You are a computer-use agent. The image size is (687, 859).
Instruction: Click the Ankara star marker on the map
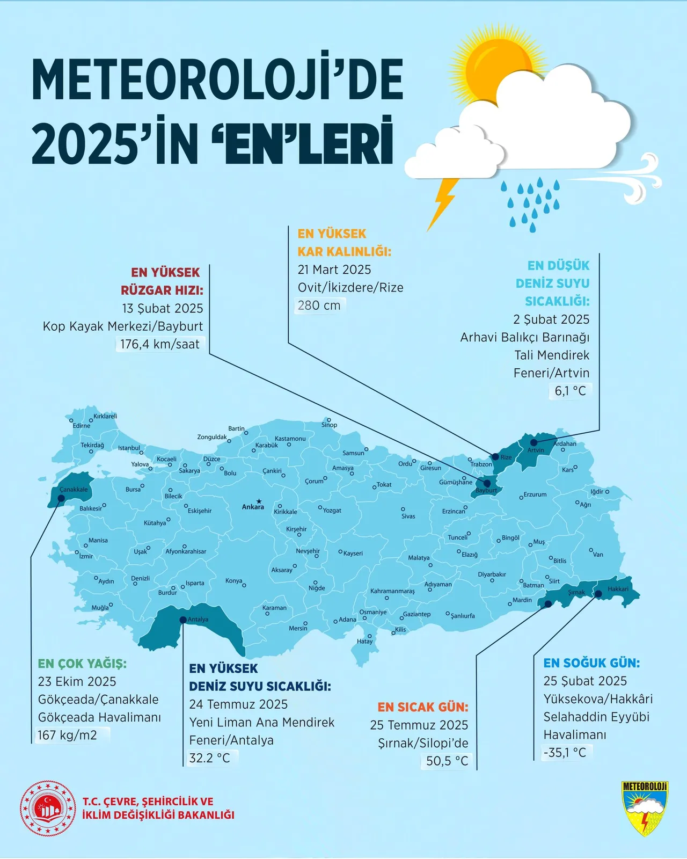click(x=259, y=500)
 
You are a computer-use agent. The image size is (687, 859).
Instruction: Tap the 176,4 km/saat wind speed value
click(x=159, y=344)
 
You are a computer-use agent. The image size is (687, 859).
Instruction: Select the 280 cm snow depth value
click(x=319, y=305)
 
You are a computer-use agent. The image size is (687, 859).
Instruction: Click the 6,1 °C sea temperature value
click(x=570, y=391)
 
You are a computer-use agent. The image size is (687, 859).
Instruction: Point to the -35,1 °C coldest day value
click(x=565, y=753)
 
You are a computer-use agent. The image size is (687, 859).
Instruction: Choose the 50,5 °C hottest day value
click(x=447, y=761)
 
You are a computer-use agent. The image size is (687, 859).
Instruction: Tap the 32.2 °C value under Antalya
click(x=210, y=758)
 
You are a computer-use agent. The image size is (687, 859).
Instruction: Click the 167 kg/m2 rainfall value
click(x=68, y=735)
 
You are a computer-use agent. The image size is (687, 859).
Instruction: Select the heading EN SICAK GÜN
click(x=423, y=707)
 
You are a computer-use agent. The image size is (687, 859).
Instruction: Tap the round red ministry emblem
click(x=48, y=808)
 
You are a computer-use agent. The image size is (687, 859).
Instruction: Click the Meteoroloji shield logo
click(x=645, y=808)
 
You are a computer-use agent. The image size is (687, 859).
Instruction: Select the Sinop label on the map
click(x=329, y=425)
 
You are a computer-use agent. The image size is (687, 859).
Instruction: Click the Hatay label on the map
click(x=364, y=642)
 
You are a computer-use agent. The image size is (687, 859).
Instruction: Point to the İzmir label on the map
click(x=86, y=557)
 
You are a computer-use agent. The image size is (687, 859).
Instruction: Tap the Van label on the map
click(x=598, y=555)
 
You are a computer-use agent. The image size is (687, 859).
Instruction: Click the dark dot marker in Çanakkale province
click(x=61, y=498)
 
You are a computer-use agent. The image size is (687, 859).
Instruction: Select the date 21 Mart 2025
click(x=334, y=270)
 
